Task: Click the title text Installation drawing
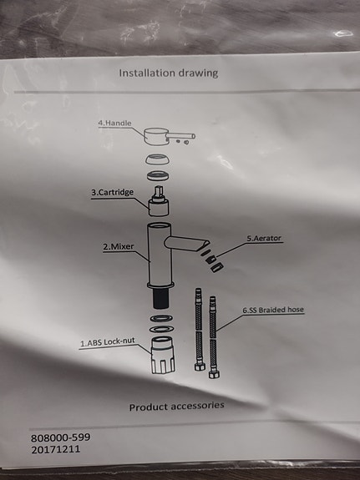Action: point(168,73)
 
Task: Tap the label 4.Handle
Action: point(115,124)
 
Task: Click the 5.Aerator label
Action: point(263,238)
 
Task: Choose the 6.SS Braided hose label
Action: point(272,310)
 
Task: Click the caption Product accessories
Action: point(176,407)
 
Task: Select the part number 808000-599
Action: point(60,437)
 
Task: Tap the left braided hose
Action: point(200,331)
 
